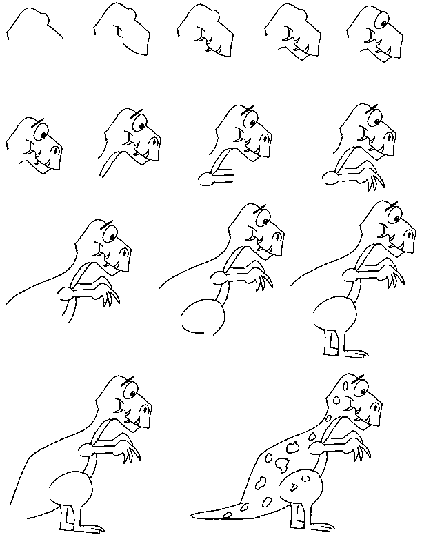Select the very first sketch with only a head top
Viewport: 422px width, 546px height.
(34, 23)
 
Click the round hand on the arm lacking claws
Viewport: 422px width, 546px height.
(205, 181)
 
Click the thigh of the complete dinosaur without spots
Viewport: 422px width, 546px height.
(70, 489)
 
